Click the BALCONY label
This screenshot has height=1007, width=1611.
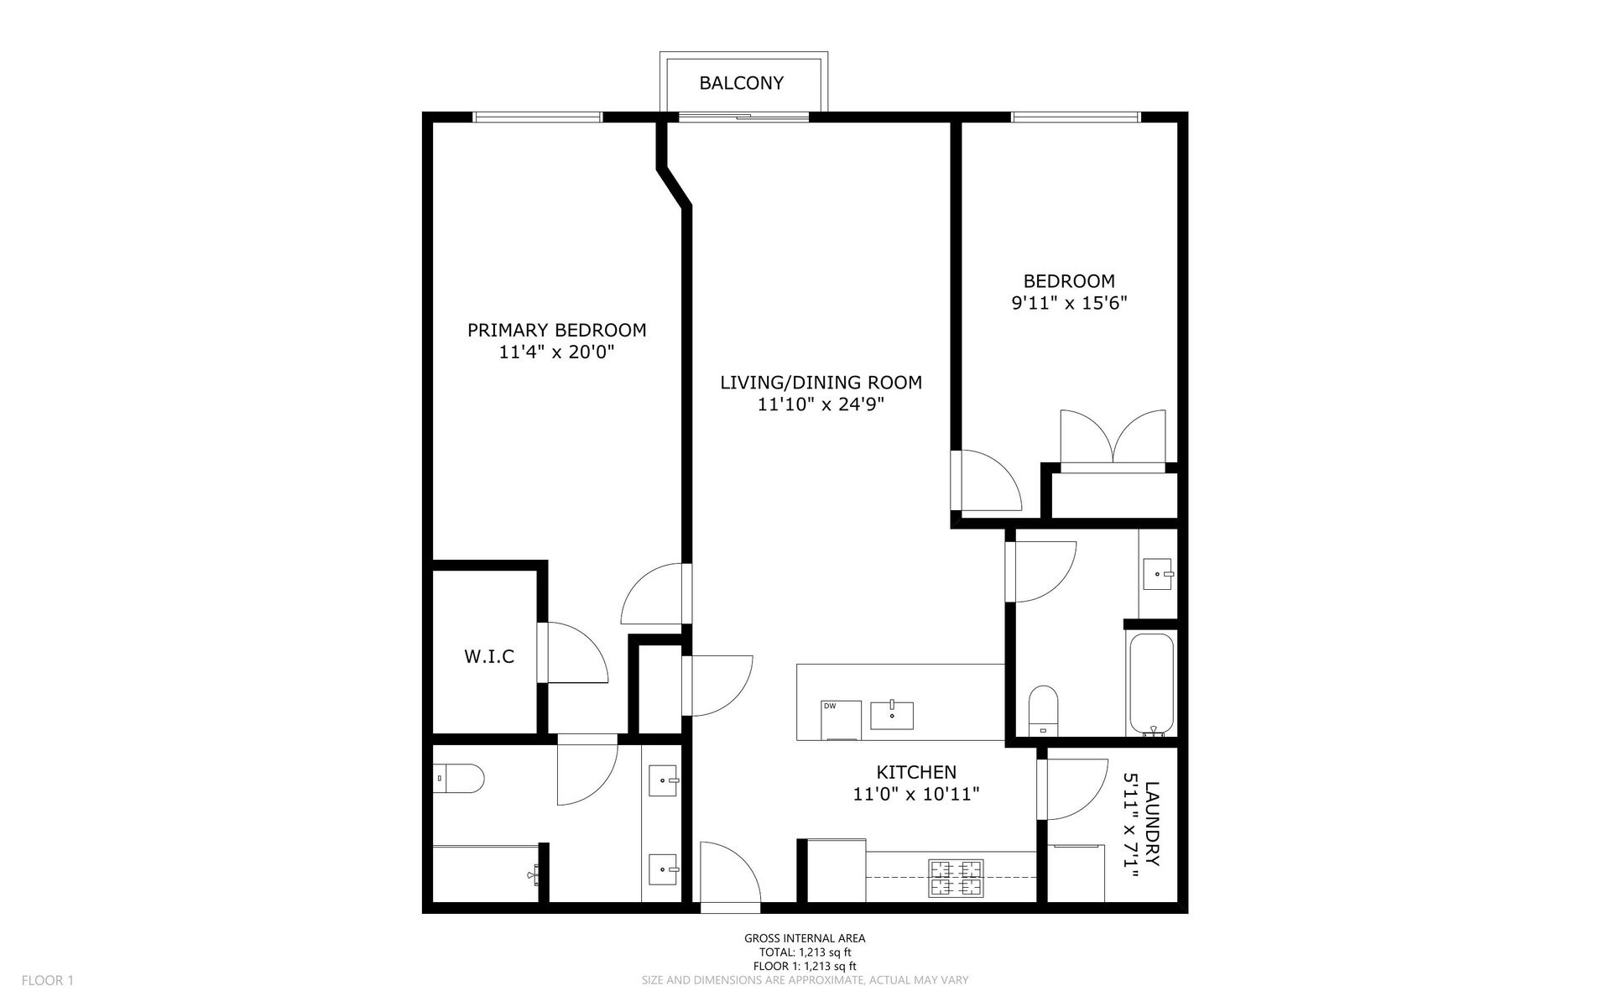click(x=742, y=83)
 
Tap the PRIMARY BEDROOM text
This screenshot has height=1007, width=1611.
click(x=557, y=330)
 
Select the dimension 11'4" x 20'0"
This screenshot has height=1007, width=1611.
click(x=557, y=352)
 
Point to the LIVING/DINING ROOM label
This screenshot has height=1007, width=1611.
click(x=821, y=383)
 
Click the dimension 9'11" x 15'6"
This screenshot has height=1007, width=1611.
click(x=1069, y=303)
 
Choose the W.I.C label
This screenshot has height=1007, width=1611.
click(x=489, y=656)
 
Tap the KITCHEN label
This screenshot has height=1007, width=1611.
click(x=916, y=772)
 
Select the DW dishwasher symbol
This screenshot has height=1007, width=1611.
click(x=842, y=721)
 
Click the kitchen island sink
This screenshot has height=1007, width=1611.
click(x=892, y=715)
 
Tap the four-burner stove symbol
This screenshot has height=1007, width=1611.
click(x=956, y=879)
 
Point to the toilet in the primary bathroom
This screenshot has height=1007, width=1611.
click(x=459, y=778)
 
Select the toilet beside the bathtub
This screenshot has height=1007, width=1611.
click(x=1044, y=710)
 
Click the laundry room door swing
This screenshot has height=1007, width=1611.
click(x=1073, y=789)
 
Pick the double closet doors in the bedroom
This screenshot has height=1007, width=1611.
click(x=1113, y=436)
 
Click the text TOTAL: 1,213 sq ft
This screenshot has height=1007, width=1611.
click(x=804, y=952)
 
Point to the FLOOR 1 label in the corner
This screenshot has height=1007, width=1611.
click(x=48, y=980)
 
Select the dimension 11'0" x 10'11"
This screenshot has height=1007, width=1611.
click(x=916, y=794)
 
